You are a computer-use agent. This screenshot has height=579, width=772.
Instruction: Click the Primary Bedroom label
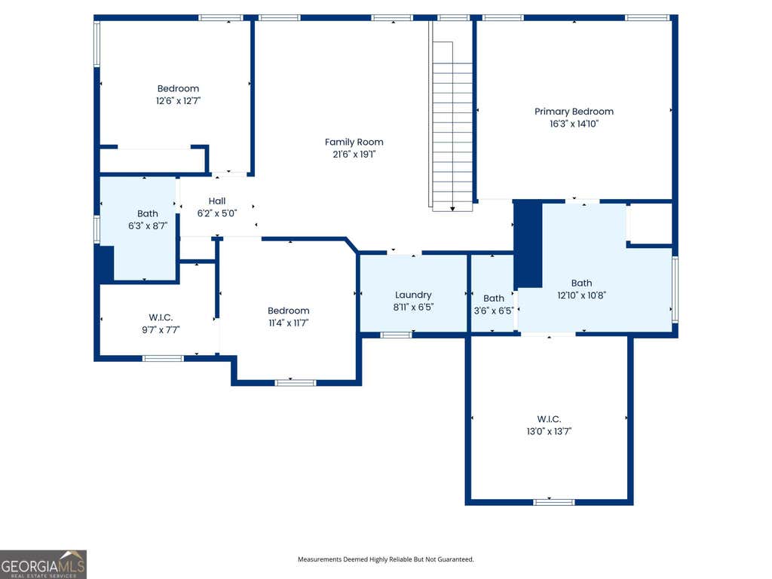pyautogui.click(x=574, y=112)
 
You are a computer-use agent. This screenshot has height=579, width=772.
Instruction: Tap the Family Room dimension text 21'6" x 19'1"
pyautogui.click(x=354, y=154)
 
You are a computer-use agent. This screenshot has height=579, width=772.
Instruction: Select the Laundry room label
pyautogui.click(x=413, y=295)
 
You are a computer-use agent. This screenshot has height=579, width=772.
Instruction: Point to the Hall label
pyautogui.click(x=216, y=201)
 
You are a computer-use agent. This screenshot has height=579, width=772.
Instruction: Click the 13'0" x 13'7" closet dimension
pyautogui.click(x=549, y=431)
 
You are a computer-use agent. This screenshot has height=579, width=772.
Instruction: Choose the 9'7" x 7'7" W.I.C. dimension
pyautogui.click(x=161, y=330)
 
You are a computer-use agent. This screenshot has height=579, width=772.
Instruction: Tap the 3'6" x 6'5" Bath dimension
pyautogui.click(x=493, y=311)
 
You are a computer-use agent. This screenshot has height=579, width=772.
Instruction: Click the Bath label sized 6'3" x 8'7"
pyautogui.click(x=147, y=213)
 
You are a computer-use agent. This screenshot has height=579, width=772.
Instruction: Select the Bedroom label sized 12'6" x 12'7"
pyautogui.click(x=178, y=89)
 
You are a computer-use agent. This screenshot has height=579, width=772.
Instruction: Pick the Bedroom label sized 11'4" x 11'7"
pyautogui.click(x=289, y=311)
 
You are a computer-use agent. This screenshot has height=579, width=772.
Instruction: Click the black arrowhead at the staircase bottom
pyautogui.click(x=452, y=209)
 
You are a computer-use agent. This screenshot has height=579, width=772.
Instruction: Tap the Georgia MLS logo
pyautogui.click(x=43, y=564)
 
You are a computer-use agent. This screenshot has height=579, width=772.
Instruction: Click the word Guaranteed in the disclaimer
pyautogui.click(x=458, y=559)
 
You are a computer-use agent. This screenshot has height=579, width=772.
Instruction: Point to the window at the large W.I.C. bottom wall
pyautogui.click(x=554, y=502)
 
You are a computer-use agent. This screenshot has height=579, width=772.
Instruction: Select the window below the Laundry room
pyautogui.click(x=397, y=335)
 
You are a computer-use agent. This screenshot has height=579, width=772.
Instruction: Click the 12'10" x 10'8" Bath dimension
pyautogui.click(x=581, y=296)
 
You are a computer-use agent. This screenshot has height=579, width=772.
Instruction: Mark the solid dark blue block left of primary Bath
pyautogui.click(x=528, y=244)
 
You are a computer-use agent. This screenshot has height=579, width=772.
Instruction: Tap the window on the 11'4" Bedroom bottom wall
pyautogui.click(x=296, y=382)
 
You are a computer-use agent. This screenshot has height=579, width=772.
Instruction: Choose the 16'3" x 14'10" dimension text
pyautogui.click(x=574, y=124)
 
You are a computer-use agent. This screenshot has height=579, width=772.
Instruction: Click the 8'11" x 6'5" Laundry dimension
pyautogui.click(x=413, y=308)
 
